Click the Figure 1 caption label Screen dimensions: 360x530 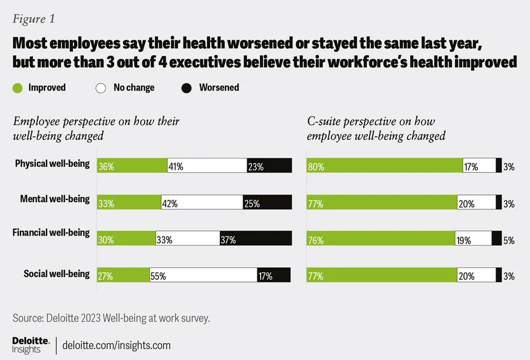(34, 19)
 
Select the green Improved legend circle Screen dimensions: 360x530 (18, 88)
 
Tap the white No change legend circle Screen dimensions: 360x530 (100, 88)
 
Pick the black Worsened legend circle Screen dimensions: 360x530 (186, 88)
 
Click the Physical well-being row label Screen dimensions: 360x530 (52, 164)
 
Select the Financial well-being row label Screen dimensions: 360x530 (51, 232)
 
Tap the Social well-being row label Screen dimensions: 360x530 (56, 274)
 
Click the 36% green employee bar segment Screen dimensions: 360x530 (132, 166)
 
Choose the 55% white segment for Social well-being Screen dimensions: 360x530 (203, 275)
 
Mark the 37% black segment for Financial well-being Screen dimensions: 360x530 (256, 239)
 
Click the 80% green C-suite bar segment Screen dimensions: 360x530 (384, 166)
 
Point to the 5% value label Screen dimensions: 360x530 (508, 240)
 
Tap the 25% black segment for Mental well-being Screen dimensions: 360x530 (267, 202)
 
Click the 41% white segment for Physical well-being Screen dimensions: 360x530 (207, 166)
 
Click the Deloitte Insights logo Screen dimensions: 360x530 (31, 345)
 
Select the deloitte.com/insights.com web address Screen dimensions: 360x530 (116, 345)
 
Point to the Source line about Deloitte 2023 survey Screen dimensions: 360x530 (111, 318)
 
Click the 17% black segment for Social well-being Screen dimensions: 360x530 (274, 275)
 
